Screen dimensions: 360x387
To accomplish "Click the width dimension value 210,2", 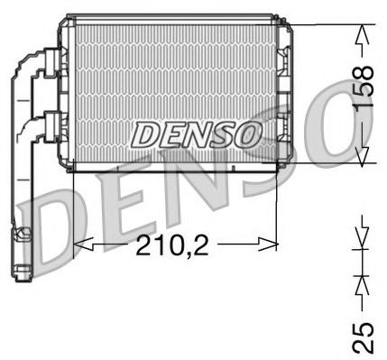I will coord(174,244).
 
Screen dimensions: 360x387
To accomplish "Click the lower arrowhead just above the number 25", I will coord(362,287).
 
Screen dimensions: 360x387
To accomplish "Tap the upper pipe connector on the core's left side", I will coord(54,64).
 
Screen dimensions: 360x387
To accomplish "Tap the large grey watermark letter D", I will coord(59,221).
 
